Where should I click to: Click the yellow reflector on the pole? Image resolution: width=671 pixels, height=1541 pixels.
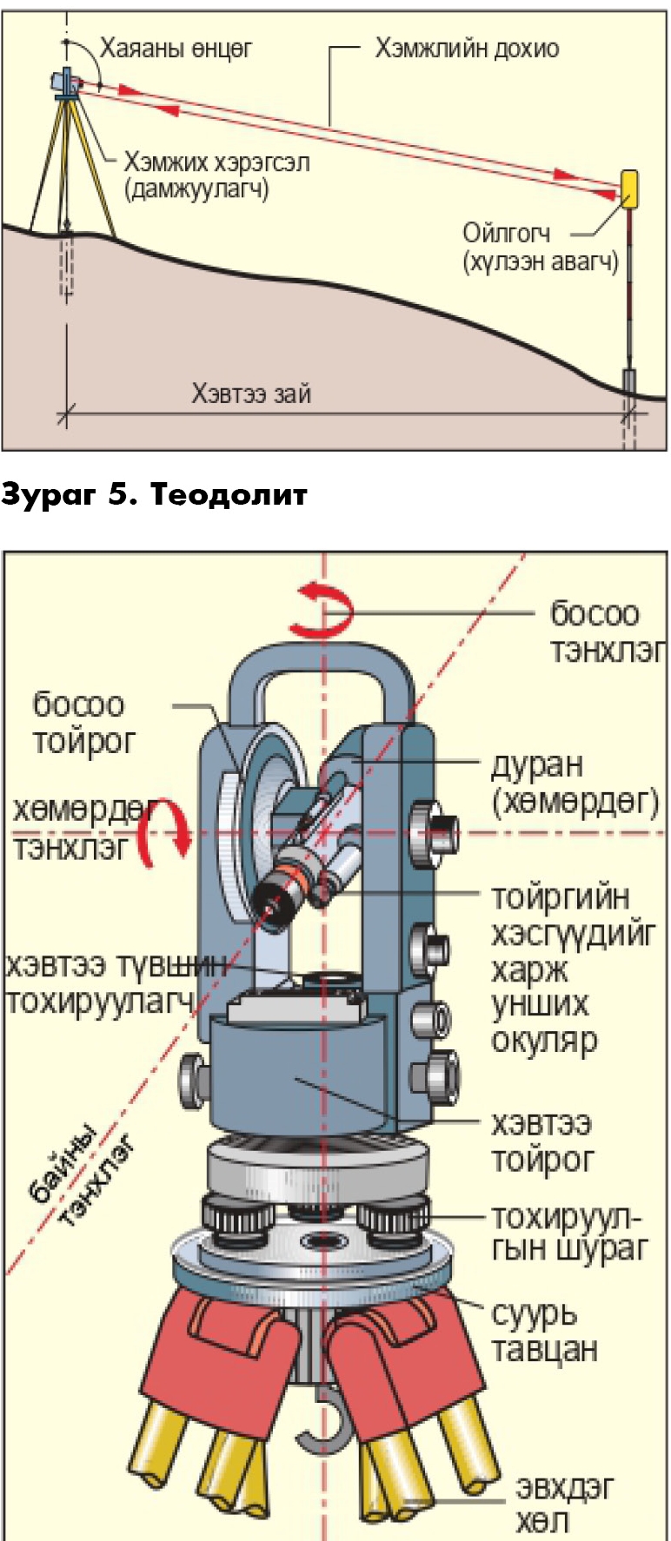coord(629,185)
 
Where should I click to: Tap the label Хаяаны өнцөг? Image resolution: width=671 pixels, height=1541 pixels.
coord(176,48)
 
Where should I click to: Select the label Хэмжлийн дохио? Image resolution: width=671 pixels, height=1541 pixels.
coord(467,48)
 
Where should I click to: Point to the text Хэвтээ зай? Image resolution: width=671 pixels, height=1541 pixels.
coord(251,394)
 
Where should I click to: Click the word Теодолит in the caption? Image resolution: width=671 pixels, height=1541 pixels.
coord(229,494)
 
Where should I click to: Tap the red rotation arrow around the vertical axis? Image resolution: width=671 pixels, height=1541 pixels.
coord(322,610)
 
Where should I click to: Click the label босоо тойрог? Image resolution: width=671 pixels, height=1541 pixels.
coord(83,723)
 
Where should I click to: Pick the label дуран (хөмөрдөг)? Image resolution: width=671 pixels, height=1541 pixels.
coord(575,783)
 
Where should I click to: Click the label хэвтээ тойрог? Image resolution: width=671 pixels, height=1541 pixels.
coord(542,1141)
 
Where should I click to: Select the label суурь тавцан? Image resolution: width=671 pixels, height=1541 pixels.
coord(544,1331)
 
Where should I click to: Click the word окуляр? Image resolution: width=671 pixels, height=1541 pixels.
coord(544,1040)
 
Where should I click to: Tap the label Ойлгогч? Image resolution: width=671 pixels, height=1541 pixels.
coord(506,233)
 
